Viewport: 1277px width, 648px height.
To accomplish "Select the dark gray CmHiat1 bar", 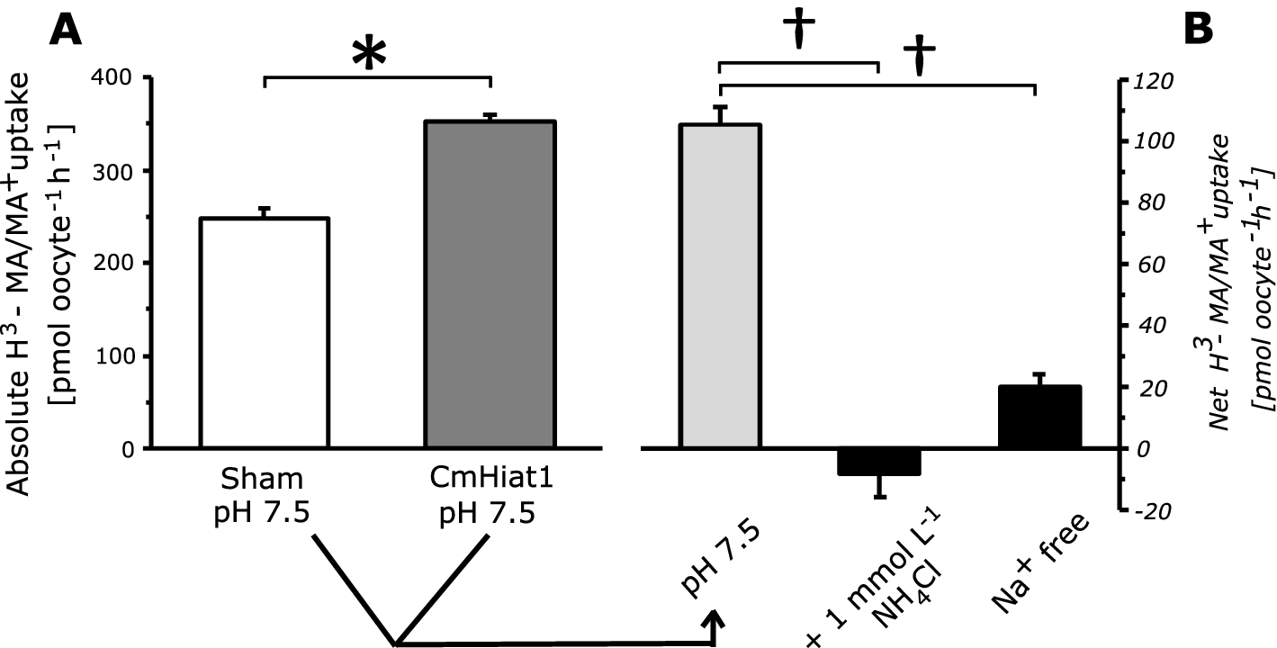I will click(490, 284).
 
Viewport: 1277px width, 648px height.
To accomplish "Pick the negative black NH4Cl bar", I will click(878, 461).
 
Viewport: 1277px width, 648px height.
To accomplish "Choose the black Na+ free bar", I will click(1039, 417).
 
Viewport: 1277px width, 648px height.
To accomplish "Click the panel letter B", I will click(1197, 30).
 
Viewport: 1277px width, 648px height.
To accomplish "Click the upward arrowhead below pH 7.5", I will click(715, 621).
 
